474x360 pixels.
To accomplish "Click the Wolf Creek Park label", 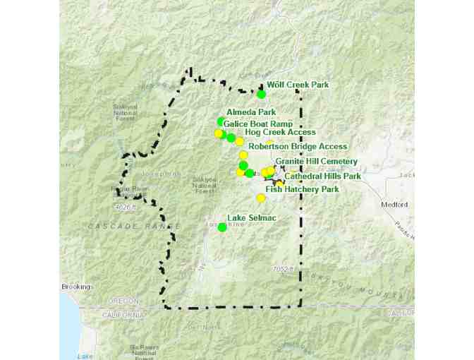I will (298, 85).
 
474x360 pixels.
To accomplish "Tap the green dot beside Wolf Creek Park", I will (262, 94).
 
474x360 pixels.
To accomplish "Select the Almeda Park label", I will (251, 112).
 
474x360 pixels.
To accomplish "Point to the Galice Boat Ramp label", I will (258, 124).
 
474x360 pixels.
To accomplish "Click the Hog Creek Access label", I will (280, 132).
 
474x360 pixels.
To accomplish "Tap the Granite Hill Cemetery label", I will (317, 162).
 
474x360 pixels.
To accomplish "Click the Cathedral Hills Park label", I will (322, 176).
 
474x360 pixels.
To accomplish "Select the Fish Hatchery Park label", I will (302, 189).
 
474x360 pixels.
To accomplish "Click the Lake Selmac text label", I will (251, 218).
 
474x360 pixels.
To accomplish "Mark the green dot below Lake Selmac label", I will (222, 227).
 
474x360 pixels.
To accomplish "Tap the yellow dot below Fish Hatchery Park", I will (261, 198).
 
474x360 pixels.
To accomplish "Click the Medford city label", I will (395, 205).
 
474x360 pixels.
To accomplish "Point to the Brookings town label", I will (76, 287).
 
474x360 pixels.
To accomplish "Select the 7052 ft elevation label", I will (281, 270).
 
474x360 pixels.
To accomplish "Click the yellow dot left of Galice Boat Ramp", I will (218, 133).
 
